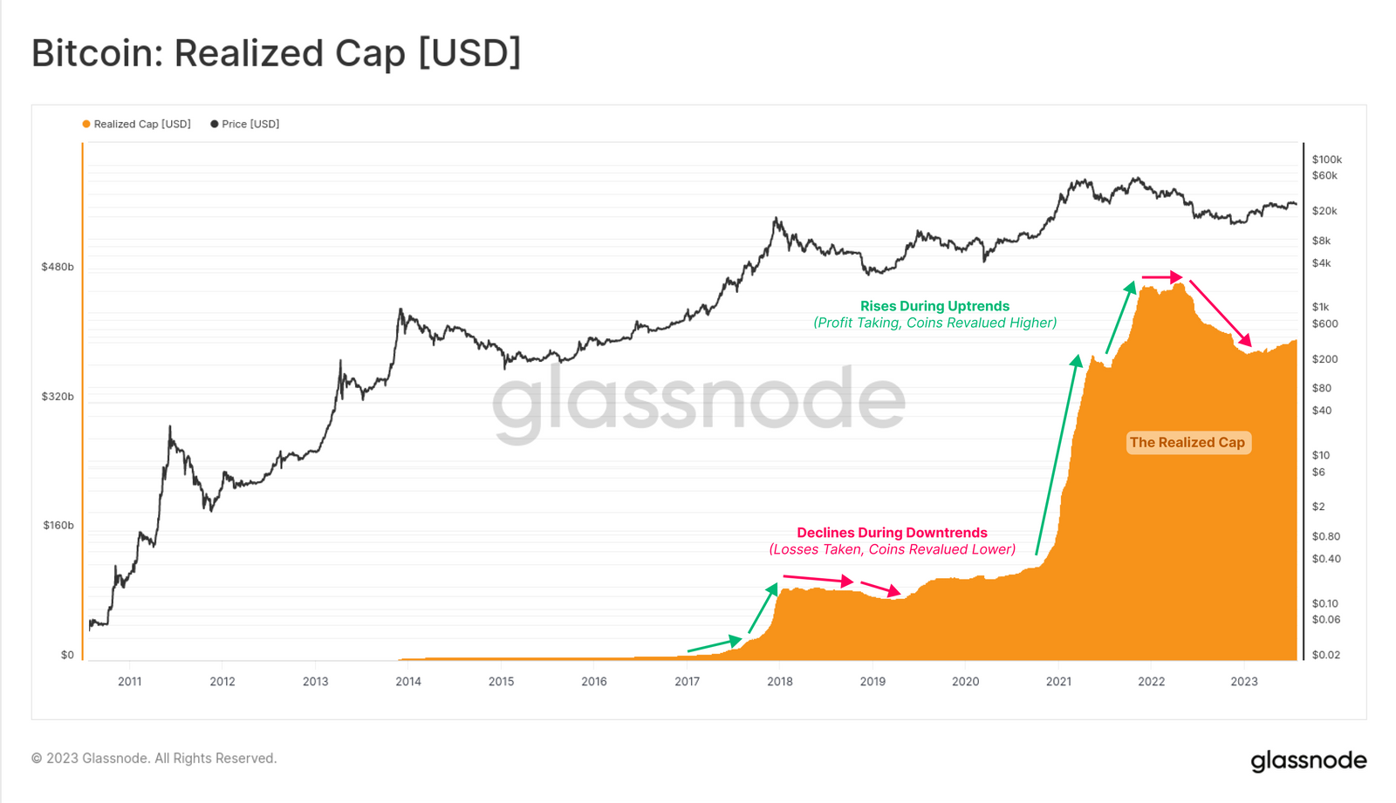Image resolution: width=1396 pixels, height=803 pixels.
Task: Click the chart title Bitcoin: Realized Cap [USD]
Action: coord(276,53)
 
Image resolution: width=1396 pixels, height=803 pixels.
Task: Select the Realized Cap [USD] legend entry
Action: coord(137,124)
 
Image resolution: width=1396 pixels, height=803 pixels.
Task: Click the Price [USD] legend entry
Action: coord(245,124)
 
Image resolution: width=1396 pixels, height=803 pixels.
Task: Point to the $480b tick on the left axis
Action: coord(58,267)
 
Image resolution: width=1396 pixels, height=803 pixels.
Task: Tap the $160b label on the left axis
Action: coord(58,525)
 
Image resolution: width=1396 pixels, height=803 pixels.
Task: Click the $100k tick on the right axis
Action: coord(1326,160)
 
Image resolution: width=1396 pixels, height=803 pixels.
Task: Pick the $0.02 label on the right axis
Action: coord(1325,655)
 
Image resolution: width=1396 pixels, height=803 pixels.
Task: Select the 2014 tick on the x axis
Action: coord(408,681)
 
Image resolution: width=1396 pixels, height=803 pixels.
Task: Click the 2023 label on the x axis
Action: coord(1243,681)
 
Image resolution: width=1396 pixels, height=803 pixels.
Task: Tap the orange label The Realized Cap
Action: coord(1187,443)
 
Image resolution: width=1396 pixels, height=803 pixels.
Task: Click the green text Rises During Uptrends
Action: coord(934,306)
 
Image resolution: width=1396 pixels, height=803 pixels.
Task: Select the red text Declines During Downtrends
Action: coord(892,533)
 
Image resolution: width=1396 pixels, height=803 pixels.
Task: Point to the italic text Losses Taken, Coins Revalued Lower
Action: coord(892,549)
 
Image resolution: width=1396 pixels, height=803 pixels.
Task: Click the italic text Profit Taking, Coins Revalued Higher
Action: coord(934,323)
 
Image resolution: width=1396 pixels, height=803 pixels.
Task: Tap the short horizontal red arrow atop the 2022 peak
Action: coord(1162,277)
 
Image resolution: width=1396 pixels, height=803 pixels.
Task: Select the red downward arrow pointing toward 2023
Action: coord(1221,313)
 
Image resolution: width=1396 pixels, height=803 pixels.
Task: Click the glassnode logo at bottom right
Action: coord(1308,760)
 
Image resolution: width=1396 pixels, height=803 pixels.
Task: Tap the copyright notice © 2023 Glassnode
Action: coord(154,759)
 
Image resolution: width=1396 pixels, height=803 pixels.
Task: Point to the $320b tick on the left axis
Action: coord(58,396)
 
